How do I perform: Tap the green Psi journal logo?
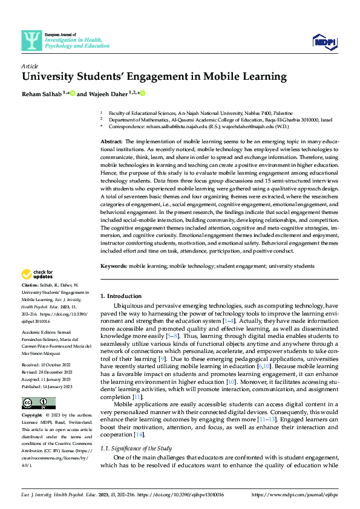point(31,41)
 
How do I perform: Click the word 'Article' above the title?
point(30,65)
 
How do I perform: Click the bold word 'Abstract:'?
point(112,140)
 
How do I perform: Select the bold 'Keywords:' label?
point(113,266)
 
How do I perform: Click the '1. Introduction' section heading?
point(120,296)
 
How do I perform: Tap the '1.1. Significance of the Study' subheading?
point(136,448)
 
